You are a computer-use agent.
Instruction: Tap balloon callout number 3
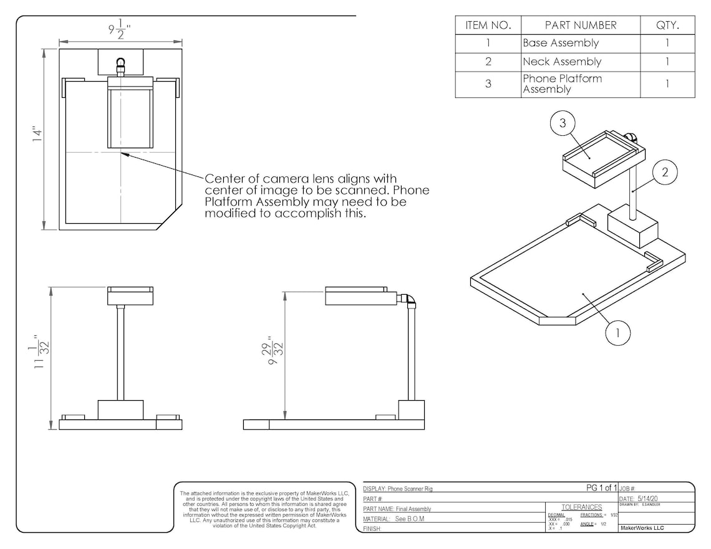563,123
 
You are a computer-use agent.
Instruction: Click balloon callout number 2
665,173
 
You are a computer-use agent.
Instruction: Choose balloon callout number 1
617,333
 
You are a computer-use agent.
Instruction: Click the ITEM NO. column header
488,26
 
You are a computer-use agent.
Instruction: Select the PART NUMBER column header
580,26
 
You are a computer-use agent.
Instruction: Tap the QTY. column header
667,26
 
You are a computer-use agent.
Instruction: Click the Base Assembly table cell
560,44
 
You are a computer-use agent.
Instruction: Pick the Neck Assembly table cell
561,62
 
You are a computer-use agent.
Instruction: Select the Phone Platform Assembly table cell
561,84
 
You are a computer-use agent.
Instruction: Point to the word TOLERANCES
581,507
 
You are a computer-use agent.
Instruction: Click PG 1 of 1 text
601,488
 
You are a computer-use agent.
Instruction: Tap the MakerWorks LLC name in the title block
642,528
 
